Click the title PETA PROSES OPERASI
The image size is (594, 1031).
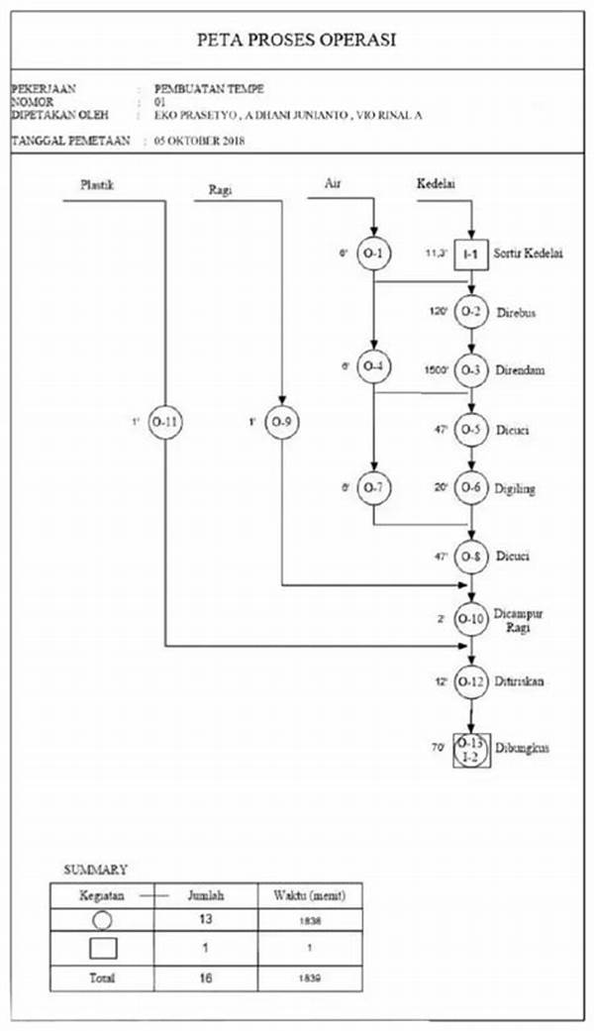tap(297, 40)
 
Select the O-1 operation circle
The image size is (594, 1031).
tap(373, 254)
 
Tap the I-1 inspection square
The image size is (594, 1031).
tap(472, 255)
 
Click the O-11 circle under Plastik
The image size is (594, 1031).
tap(165, 423)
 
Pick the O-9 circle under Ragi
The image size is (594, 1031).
tap(282, 423)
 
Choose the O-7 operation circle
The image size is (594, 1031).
tap(373, 488)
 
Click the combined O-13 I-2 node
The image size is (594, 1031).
tap(471, 750)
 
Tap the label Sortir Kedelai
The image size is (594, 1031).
tap(532, 255)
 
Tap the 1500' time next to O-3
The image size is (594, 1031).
tap(436, 370)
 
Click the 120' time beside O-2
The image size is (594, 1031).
tap(438, 313)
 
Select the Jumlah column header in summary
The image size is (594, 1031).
tap(206, 895)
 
